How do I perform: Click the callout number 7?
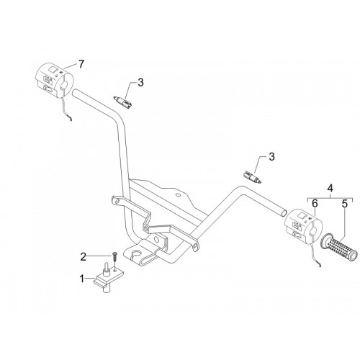pyautogui.click(x=81, y=64)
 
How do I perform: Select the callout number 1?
pyautogui.click(x=82, y=279)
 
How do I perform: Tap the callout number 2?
pyautogui.click(x=84, y=257)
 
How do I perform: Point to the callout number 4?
pyautogui.click(x=330, y=189)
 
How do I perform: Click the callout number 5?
pyautogui.click(x=344, y=204)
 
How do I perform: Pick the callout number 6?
pyautogui.click(x=315, y=204)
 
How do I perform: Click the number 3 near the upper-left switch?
pyautogui.click(x=140, y=82)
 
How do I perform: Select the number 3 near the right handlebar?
pyautogui.click(x=271, y=157)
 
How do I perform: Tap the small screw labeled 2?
pyautogui.click(x=114, y=258)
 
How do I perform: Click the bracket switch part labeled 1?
pyautogui.click(x=109, y=277)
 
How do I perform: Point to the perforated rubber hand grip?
pyautogui.click(x=339, y=248)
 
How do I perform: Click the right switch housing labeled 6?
pyautogui.click(x=303, y=225)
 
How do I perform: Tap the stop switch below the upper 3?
pyautogui.click(x=124, y=102)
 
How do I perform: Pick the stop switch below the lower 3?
pyautogui.click(x=253, y=177)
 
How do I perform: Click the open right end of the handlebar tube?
pyautogui.click(x=283, y=212)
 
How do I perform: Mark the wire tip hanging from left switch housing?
pyautogui.click(x=71, y=120)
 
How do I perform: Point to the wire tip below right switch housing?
pyautogui.click(x=320, y=266)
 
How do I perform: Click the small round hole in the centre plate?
pyautogui.click(x=178, y=194)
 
